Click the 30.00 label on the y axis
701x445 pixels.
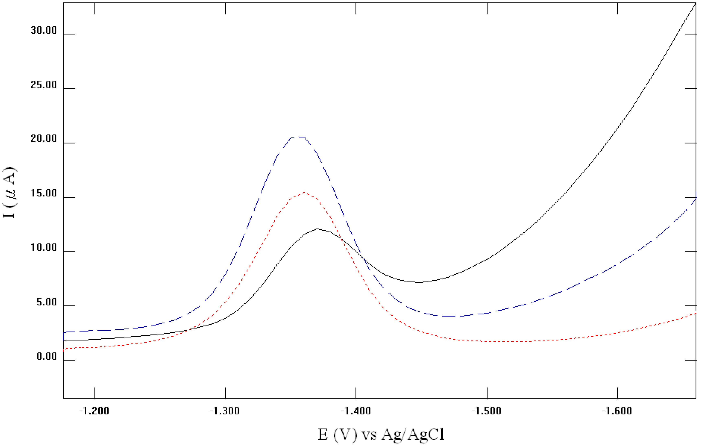[x=44, y=30]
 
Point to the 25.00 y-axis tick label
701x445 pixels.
[x=44, y=85]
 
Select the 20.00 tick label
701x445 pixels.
[x=44, y=139]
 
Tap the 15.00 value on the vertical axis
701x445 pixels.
[x=44, y=193]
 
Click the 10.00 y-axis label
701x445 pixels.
[x=44, y=248]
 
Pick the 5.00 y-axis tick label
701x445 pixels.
[x=47, y=302]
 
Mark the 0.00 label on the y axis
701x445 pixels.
[x=47, y=357]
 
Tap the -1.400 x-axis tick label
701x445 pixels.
[x=356, y=411]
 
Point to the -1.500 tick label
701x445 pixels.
[x=487, y=411]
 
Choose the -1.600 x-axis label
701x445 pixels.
[x=617, y=411]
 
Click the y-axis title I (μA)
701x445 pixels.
[x=9, y=193]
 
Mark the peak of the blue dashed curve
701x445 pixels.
[x=298, y=137]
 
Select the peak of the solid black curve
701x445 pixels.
[x=317, y=229]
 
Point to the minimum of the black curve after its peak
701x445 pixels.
[x=419, y=282]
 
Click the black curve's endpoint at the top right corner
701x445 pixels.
[x=695, y=3]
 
